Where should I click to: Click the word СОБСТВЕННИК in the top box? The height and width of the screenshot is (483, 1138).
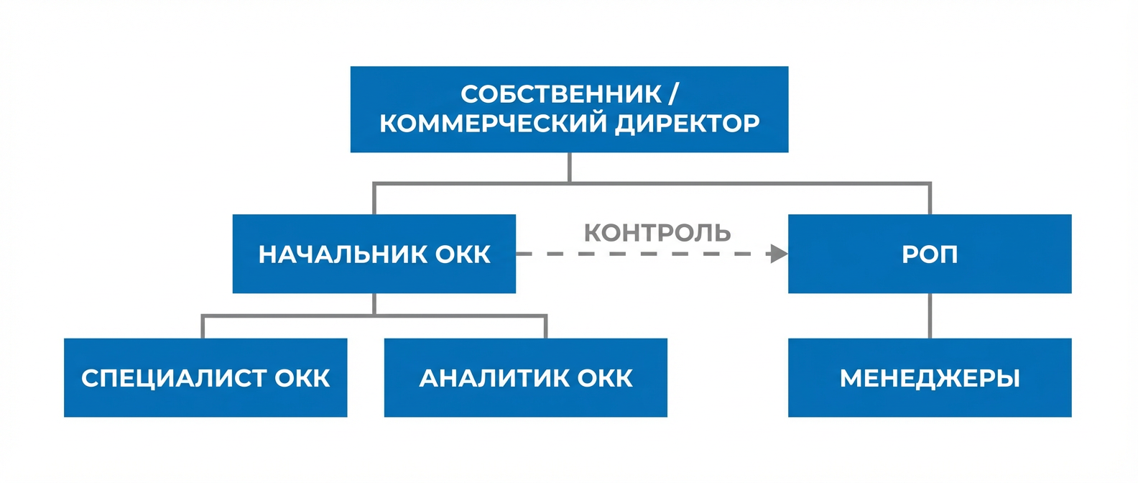(561, 94)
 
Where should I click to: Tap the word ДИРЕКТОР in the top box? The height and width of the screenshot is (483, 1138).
(688, 124)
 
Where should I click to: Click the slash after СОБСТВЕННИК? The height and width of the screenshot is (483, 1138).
(673, 94)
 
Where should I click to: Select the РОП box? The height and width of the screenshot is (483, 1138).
(929, 254)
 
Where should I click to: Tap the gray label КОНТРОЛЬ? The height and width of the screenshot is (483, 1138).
(657, 233)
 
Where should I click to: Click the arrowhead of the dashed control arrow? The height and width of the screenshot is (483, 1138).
(779, 254)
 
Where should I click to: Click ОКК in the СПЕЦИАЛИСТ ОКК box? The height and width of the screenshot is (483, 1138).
(302, 378)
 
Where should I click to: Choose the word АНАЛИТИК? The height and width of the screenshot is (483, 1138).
(494, 378)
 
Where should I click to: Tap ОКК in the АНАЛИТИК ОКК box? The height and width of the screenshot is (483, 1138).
(605, 378)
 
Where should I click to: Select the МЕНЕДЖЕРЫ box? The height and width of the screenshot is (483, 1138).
(929, 378)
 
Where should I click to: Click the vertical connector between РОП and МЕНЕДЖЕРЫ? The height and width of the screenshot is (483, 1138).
(930, 316)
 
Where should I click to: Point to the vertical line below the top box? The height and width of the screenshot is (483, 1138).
(569, 167)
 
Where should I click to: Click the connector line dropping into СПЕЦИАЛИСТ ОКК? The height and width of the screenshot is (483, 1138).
(203, 327)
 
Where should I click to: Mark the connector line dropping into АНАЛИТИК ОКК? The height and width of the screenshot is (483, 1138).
(546, 327)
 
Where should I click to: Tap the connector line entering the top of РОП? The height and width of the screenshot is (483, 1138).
(930, 199)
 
